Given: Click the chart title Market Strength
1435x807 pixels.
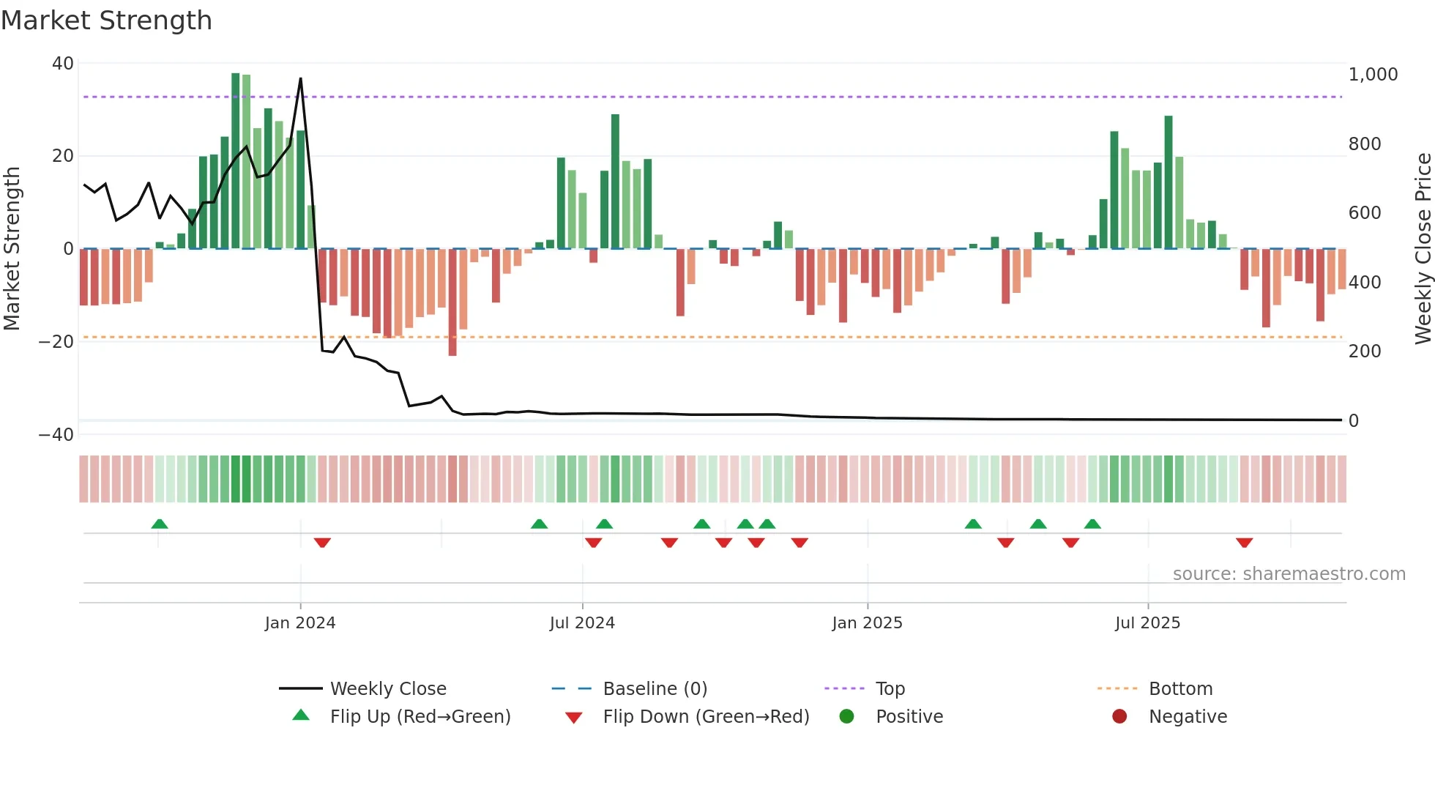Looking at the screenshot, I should (x=106, y=21).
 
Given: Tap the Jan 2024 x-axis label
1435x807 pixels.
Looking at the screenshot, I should (x=300, y=623).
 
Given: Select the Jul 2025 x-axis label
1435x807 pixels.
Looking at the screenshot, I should (x=1147, y=623).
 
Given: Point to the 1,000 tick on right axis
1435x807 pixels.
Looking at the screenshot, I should (x=1373, y=75).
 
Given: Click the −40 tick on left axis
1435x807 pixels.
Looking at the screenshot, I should (x=56, y=435).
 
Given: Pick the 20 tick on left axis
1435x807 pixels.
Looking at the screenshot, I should (x=63, y=156).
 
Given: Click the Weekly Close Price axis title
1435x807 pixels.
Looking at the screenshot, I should (x=1423, y=248).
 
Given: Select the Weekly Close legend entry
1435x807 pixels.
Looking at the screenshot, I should (x=387, y=689).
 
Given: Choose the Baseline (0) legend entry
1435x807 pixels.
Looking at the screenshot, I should (x=655, y=689).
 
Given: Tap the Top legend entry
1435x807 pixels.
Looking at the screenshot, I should (x=890, y=689).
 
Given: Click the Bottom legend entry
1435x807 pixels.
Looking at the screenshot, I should (x=1180, y=689).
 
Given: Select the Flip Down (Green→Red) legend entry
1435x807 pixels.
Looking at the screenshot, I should (x=706, y=717).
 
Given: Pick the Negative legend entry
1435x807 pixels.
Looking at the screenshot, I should (x=1187, y=717).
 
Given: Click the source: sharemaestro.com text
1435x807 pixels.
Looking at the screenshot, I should (x=1289, y=574).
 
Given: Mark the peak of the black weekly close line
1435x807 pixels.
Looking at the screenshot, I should (x=300, y=78).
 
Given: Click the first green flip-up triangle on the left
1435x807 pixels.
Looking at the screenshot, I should (x=160, y=524).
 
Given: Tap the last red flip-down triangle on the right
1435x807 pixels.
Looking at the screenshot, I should (x=1244, y=543).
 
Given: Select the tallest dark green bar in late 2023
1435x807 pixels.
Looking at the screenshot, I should (x=236, y=161).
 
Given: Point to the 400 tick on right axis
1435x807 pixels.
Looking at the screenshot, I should (x=1365, y=283).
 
